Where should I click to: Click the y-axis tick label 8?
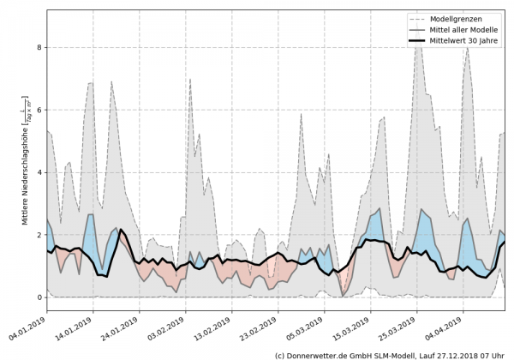(x=38, y=47)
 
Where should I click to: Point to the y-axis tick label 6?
(x=38, y=110)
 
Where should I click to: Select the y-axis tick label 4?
(x=38, y=172)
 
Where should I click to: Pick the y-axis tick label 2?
(x=38, y=235)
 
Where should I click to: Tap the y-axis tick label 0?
(x=38, y=297)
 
